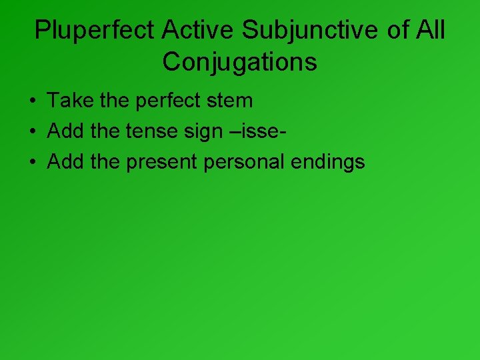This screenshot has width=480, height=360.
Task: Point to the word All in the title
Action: [x=430, y=30]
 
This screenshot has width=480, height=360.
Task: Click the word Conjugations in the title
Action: [x=239, y=62]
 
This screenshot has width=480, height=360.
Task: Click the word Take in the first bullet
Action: [x=69, y=101]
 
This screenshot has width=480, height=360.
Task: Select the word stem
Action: [x=229, y=101]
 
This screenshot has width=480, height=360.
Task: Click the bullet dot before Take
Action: [x=33, y=101]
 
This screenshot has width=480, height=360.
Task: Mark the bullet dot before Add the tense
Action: [x=33, y=132]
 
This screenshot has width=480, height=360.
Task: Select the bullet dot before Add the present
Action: [x=33, y=163]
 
